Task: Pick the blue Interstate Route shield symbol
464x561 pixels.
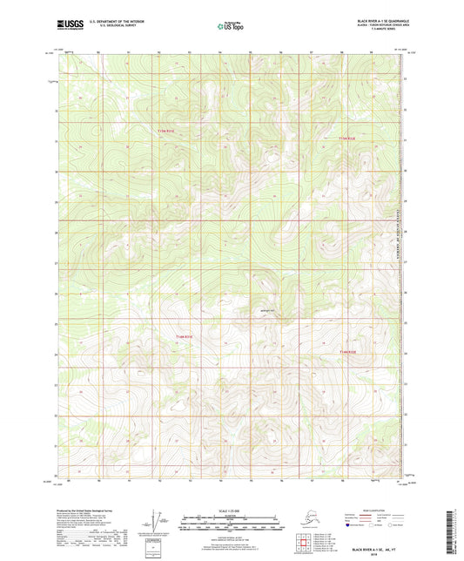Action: (351, 526)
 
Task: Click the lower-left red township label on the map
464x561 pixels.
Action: (178, 335)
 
